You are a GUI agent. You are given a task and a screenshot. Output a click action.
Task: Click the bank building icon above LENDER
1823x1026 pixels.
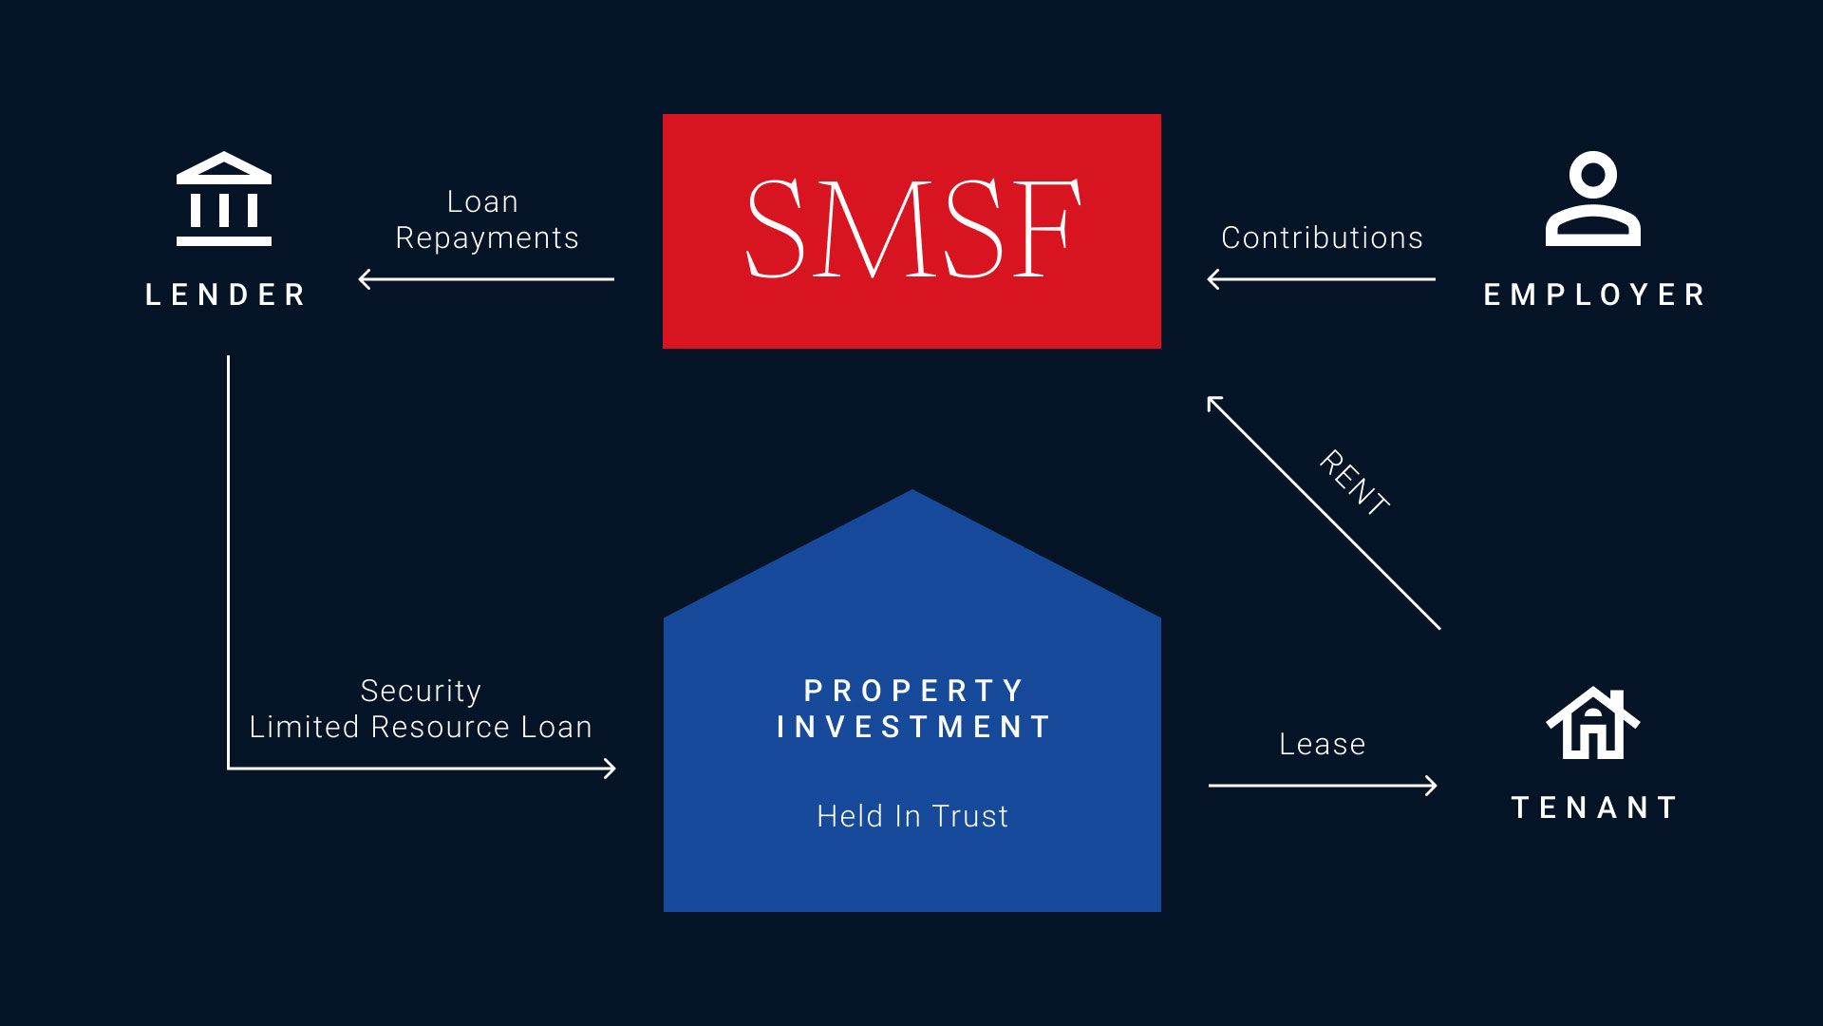click(x=224, y=199)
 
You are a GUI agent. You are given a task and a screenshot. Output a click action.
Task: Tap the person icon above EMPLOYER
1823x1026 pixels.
click(x=1593, y=199)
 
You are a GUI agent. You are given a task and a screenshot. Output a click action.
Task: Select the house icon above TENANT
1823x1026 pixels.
click(x=1593, y=723)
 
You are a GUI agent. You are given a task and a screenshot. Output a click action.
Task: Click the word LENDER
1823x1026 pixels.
click(x=226, y=294)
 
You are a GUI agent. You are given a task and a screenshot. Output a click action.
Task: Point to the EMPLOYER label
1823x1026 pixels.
click(x=1594, y=294)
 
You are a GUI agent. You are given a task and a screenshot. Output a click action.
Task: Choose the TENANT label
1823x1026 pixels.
click(x=1594, y=807)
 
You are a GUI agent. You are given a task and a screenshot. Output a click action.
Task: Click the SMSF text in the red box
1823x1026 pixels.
click(x=912, y=229)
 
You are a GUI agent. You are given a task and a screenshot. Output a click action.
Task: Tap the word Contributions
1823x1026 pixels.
click(x=1322, y=237)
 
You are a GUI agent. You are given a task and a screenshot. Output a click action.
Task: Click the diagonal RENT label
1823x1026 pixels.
click(x=1355, y=483)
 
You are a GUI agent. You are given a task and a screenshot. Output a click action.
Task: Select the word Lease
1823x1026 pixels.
click(x=1322, y=744)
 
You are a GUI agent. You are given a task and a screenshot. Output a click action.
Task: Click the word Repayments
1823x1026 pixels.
click(x=486, y=237)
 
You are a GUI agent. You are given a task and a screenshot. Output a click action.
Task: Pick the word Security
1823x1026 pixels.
click(x=421, y=691)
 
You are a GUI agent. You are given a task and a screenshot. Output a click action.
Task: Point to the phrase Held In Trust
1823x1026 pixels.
click(x=912, y=816)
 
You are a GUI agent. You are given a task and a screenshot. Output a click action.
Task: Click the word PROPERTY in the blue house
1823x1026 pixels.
click(x=912, y=690)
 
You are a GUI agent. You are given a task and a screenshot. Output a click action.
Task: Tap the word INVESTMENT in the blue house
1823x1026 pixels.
click(x=912, y=727)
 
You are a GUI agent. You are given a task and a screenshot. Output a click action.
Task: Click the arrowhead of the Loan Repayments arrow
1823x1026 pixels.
click(x=364, y=279)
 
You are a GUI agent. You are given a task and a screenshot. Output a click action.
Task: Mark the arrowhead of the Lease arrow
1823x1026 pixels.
click(x=1433, y=786)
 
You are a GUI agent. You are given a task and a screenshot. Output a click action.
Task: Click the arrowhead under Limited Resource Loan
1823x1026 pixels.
click(x=611, y=769)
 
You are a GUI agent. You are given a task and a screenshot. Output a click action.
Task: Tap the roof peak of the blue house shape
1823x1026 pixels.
click(x=912, y=493)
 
